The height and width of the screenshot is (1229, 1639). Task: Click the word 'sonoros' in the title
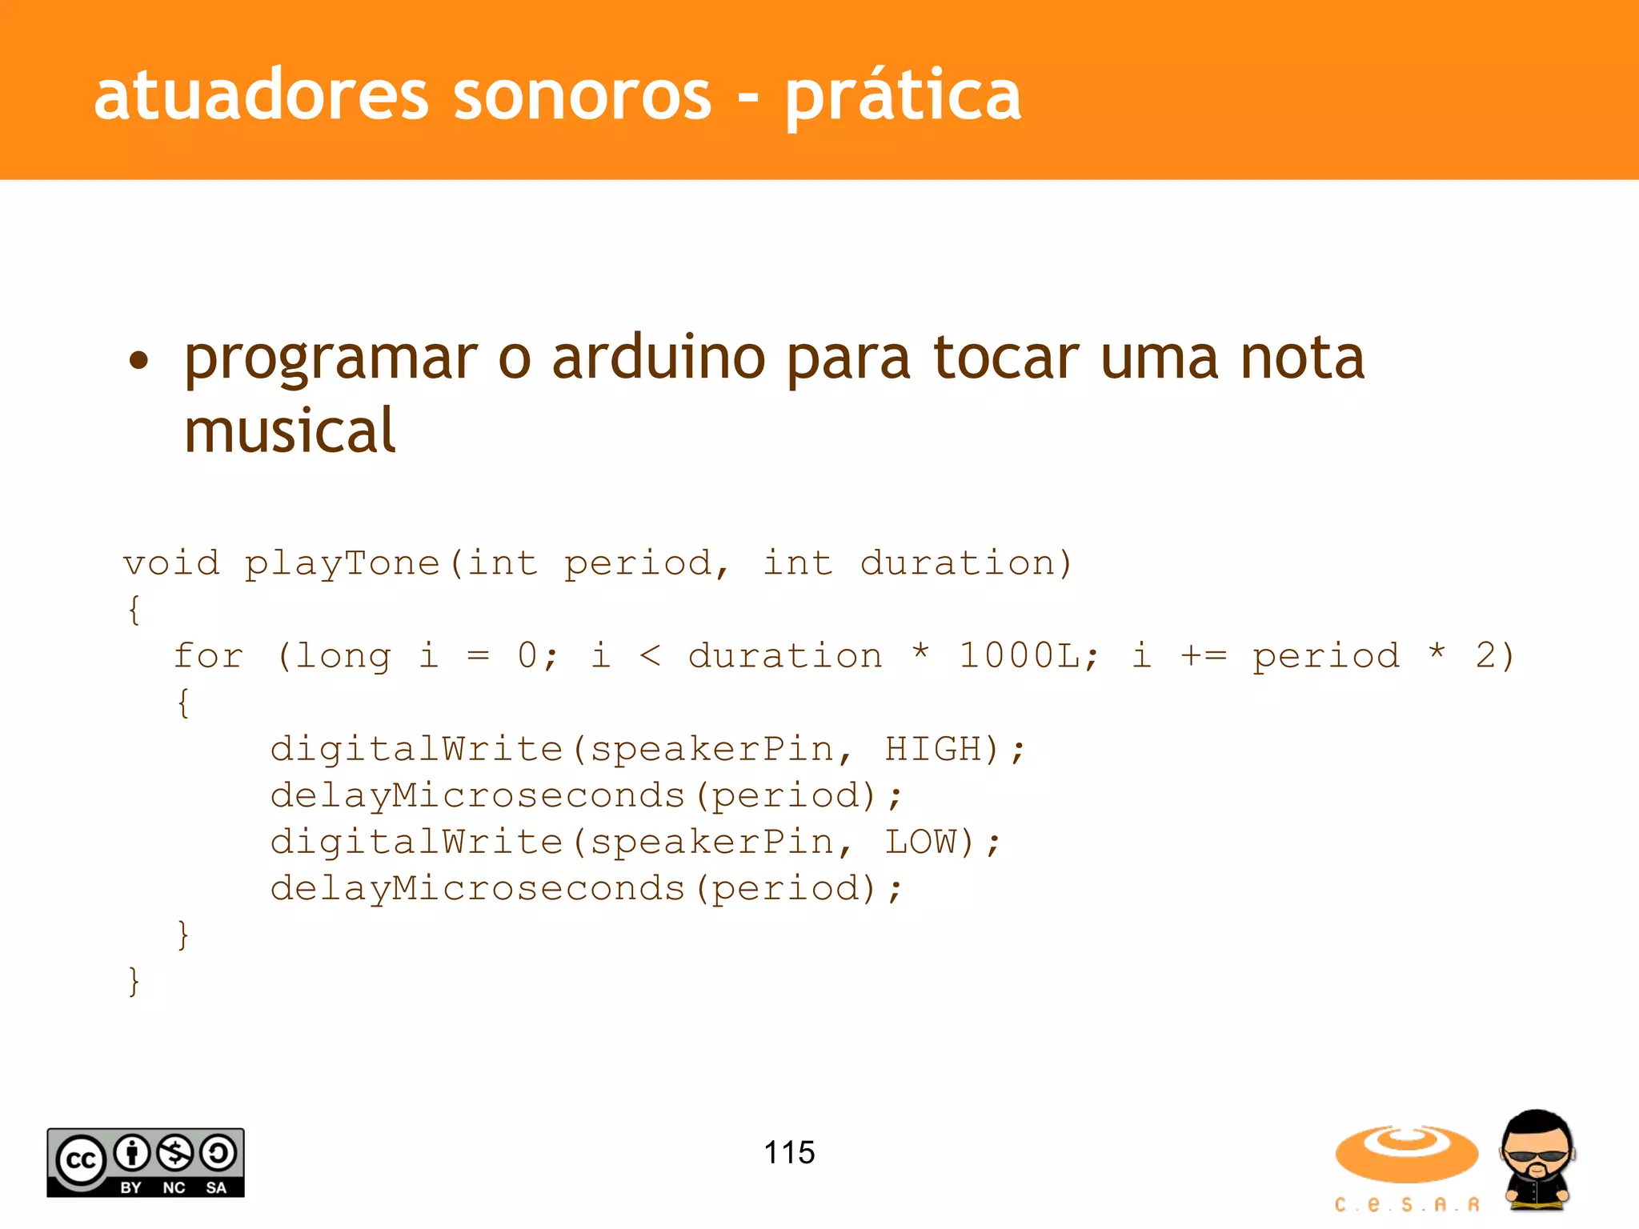click(582, 96)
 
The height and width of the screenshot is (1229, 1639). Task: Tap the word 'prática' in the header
click(902, 96)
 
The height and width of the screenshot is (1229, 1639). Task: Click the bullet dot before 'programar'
click(138, 360)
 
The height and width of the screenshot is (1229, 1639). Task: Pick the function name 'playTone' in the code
click(342, 563)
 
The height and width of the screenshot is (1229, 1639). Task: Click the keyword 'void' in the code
click(171, 563)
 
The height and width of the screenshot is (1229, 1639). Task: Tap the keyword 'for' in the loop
click(208, 656)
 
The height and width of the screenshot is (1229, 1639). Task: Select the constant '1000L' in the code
click(1020, 656)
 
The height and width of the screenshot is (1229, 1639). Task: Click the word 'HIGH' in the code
click(932, 750)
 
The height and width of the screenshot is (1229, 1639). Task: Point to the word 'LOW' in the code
click(920, 843)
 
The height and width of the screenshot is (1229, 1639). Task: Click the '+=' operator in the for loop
click(1203, 656)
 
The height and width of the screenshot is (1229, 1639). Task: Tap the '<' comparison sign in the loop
click(650, 656)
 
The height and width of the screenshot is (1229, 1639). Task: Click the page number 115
click(789, 1153)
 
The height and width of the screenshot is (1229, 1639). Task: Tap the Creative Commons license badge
click(146, 1163)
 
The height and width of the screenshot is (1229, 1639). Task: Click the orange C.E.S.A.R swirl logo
click(1406, 1155)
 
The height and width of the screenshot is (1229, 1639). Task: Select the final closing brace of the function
click(134, 981)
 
